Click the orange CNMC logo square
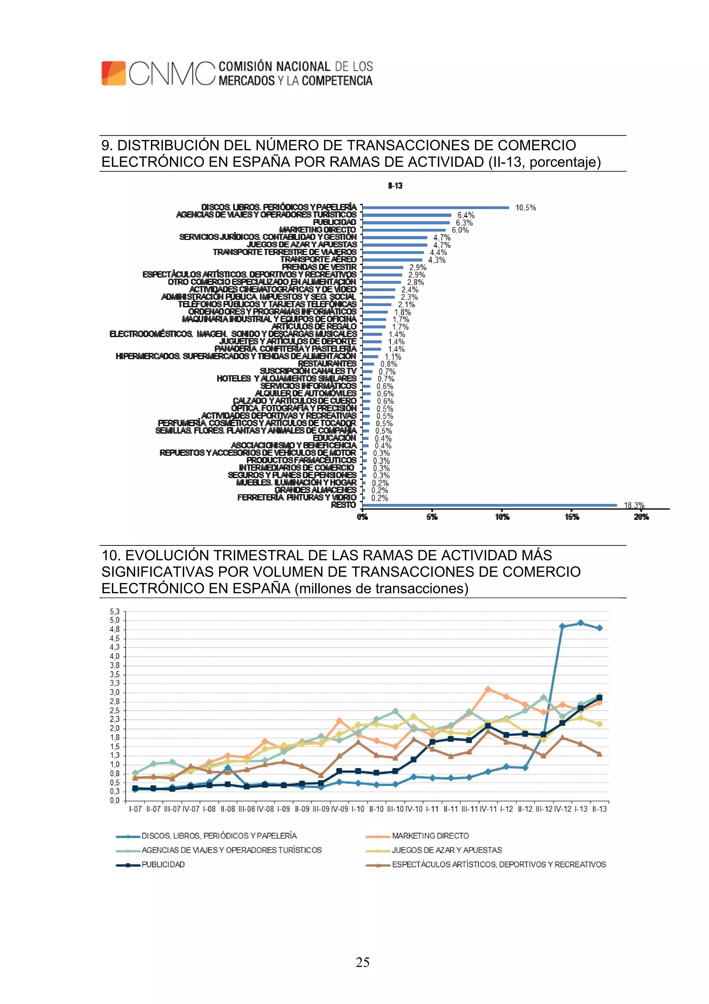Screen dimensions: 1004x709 (x=114, y=73)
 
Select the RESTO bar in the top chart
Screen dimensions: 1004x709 (x=489, y=505)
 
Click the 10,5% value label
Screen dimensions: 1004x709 (x=525, y=208)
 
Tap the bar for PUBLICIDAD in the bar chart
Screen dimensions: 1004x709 (x=406, y=222)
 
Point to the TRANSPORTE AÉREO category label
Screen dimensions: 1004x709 (x=319, y=260)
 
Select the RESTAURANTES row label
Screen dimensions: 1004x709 (x=327, y=364)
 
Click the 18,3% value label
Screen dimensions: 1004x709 (x=634, y=506)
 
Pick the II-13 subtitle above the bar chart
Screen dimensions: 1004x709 (x=395, y=186)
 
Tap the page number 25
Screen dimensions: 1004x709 (x=362, y=962)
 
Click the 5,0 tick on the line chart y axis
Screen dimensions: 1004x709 (x=115, y=620)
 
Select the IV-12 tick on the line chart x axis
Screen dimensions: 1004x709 (x=562, y=809)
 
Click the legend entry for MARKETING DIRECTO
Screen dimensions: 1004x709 (x=430, y=836)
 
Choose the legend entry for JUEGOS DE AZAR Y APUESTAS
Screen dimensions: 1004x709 (x=447, y=850)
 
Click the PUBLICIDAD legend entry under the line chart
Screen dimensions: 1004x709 (x=163, y=864)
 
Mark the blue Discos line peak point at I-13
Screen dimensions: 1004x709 (x=581, y=623)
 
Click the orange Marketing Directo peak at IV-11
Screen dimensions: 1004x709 (x=488, y=689)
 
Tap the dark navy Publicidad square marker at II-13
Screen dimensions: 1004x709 (x=599, y=698)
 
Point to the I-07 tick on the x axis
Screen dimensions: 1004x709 (x=135, y=809)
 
